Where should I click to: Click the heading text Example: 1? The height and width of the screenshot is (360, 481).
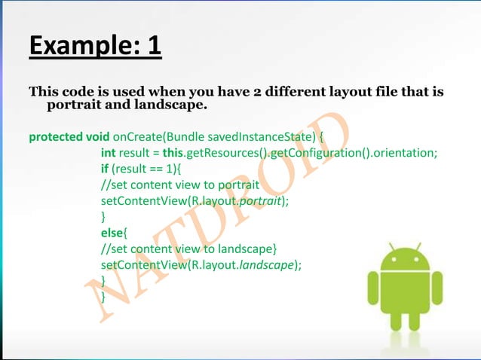tap(95, 44)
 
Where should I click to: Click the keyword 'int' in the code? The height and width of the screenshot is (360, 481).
tap(109, 154)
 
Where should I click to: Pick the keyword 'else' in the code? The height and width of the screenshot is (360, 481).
tap(113, 233)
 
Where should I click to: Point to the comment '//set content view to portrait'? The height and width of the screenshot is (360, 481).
tap(180, 185)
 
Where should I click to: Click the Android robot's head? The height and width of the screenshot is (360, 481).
tap(404, 257)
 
